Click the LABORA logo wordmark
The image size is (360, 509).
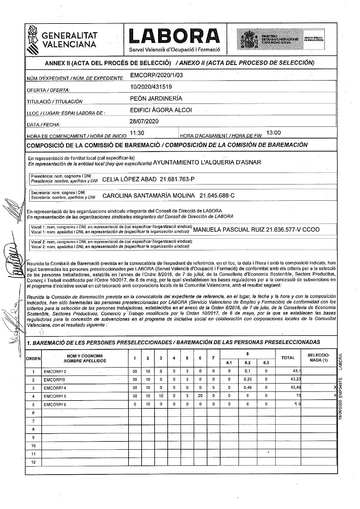(175, 36)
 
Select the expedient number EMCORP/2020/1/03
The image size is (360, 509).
(156, 75)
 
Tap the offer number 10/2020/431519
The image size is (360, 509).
(151, 87)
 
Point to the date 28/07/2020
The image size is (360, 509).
(144, 121)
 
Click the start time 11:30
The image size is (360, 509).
(137, 133)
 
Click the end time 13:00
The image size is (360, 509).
(273, 133)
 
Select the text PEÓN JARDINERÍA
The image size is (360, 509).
(156, 99)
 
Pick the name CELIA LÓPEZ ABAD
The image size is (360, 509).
(129, 179)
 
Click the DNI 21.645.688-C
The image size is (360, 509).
(217, 196)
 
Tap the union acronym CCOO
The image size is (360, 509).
(311, 230)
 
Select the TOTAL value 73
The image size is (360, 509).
(298, 396)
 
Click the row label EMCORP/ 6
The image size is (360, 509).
(55, 405)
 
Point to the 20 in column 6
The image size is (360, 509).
(200, 396)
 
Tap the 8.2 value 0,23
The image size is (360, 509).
(247, 380)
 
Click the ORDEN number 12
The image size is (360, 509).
(33, 462)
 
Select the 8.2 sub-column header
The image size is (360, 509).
(247, 363)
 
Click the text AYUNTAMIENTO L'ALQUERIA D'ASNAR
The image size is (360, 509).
(207, 163)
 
